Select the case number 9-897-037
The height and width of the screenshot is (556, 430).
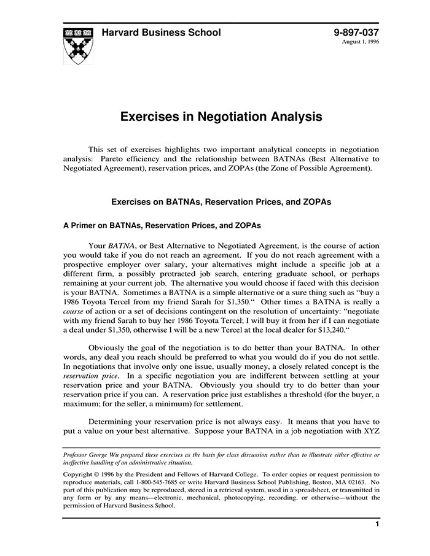point(356,33)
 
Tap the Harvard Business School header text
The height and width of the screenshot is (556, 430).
point(161,33)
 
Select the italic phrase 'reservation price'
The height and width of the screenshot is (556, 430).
point(89,374)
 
